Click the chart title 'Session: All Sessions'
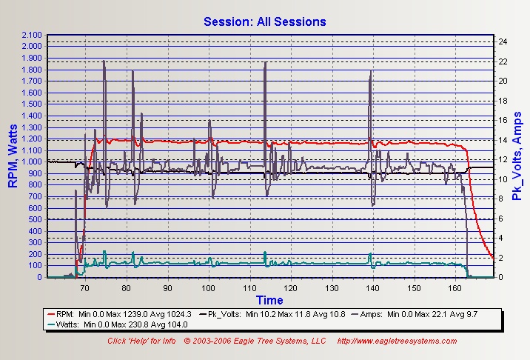point(265,21)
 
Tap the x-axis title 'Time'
point(269,300)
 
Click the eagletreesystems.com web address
point(397,341)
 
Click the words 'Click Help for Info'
point(141,341)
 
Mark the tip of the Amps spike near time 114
point(264,63)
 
